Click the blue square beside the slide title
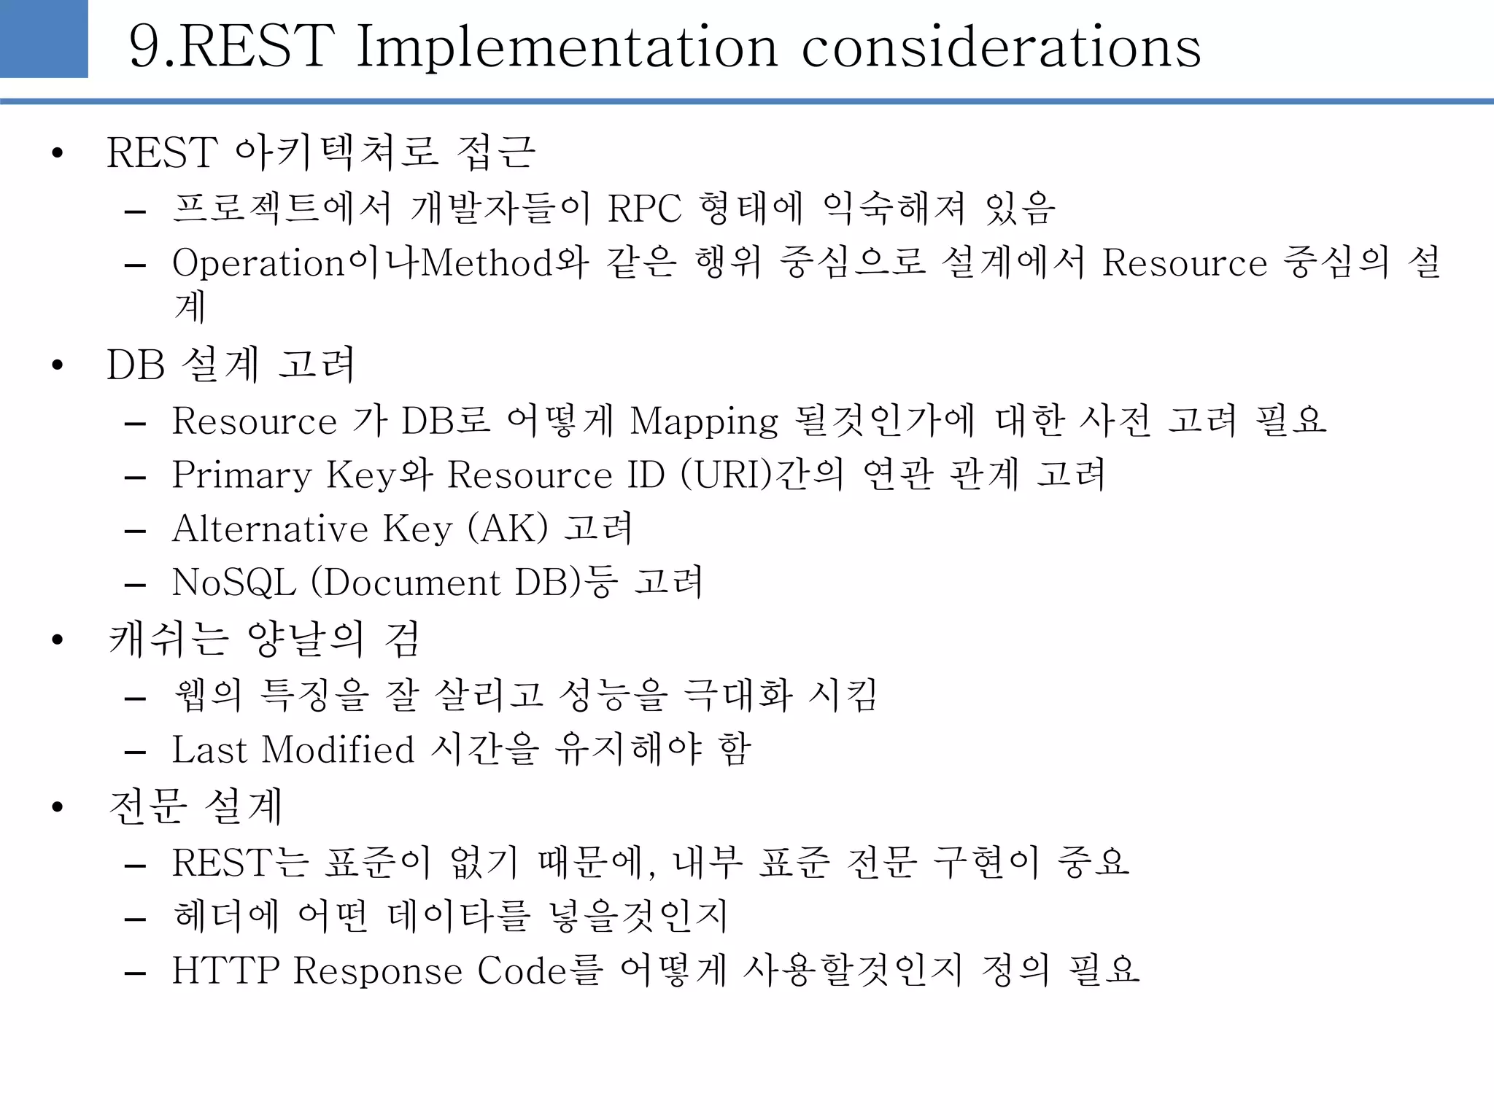tap(44, 38)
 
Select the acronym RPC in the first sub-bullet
tap(644, 209)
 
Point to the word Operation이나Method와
tap(380, 262)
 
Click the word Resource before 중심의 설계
tap(1184, 262)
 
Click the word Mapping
tap(704, 421)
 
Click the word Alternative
tap(270, 529)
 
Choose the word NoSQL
tap(233, 583)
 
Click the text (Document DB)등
tap(464, 583)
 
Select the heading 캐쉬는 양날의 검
tap(264, 639)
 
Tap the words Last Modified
tap(293, 750)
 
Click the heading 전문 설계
tap(195, 806)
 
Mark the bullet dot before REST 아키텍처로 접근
tap(58, 154)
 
